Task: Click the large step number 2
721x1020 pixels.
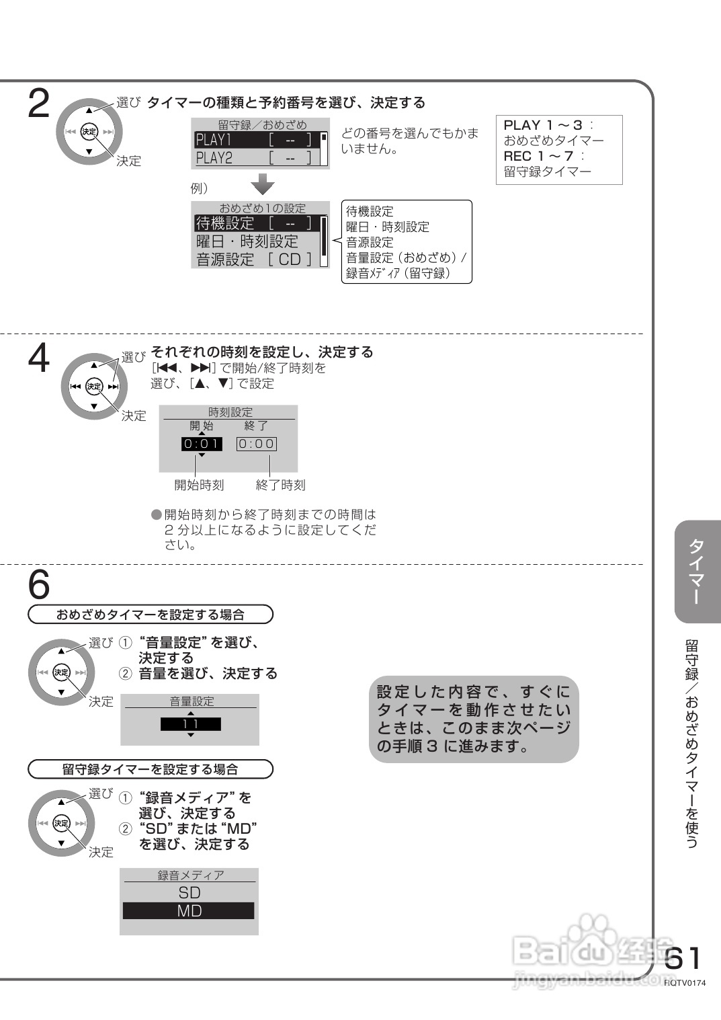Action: click(x=39, y=105)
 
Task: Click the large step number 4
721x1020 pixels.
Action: click(x=39, y=358)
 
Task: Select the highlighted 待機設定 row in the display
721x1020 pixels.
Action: click(x=254, y=223)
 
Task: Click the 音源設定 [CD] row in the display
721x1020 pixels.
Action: click(x=254, y=259)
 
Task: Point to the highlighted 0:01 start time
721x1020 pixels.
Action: click(x=202, y=444)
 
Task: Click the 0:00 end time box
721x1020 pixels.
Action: click(x=257, y=444)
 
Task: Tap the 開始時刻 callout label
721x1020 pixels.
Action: click(x=199, y=485)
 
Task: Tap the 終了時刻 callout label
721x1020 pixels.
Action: click(x=280, y=485)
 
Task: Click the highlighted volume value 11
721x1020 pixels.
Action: click(x=191, y=724)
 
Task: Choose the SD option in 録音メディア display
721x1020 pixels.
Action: click(x=189, y=893)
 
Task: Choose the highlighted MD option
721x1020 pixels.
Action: click(x=189, y=911)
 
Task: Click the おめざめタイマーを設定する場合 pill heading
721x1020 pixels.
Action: click(x=151, y=615)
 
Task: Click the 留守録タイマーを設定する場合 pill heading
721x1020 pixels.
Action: click(x=151, y=769)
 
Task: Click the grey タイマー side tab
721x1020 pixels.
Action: click(x=697, y=572)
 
